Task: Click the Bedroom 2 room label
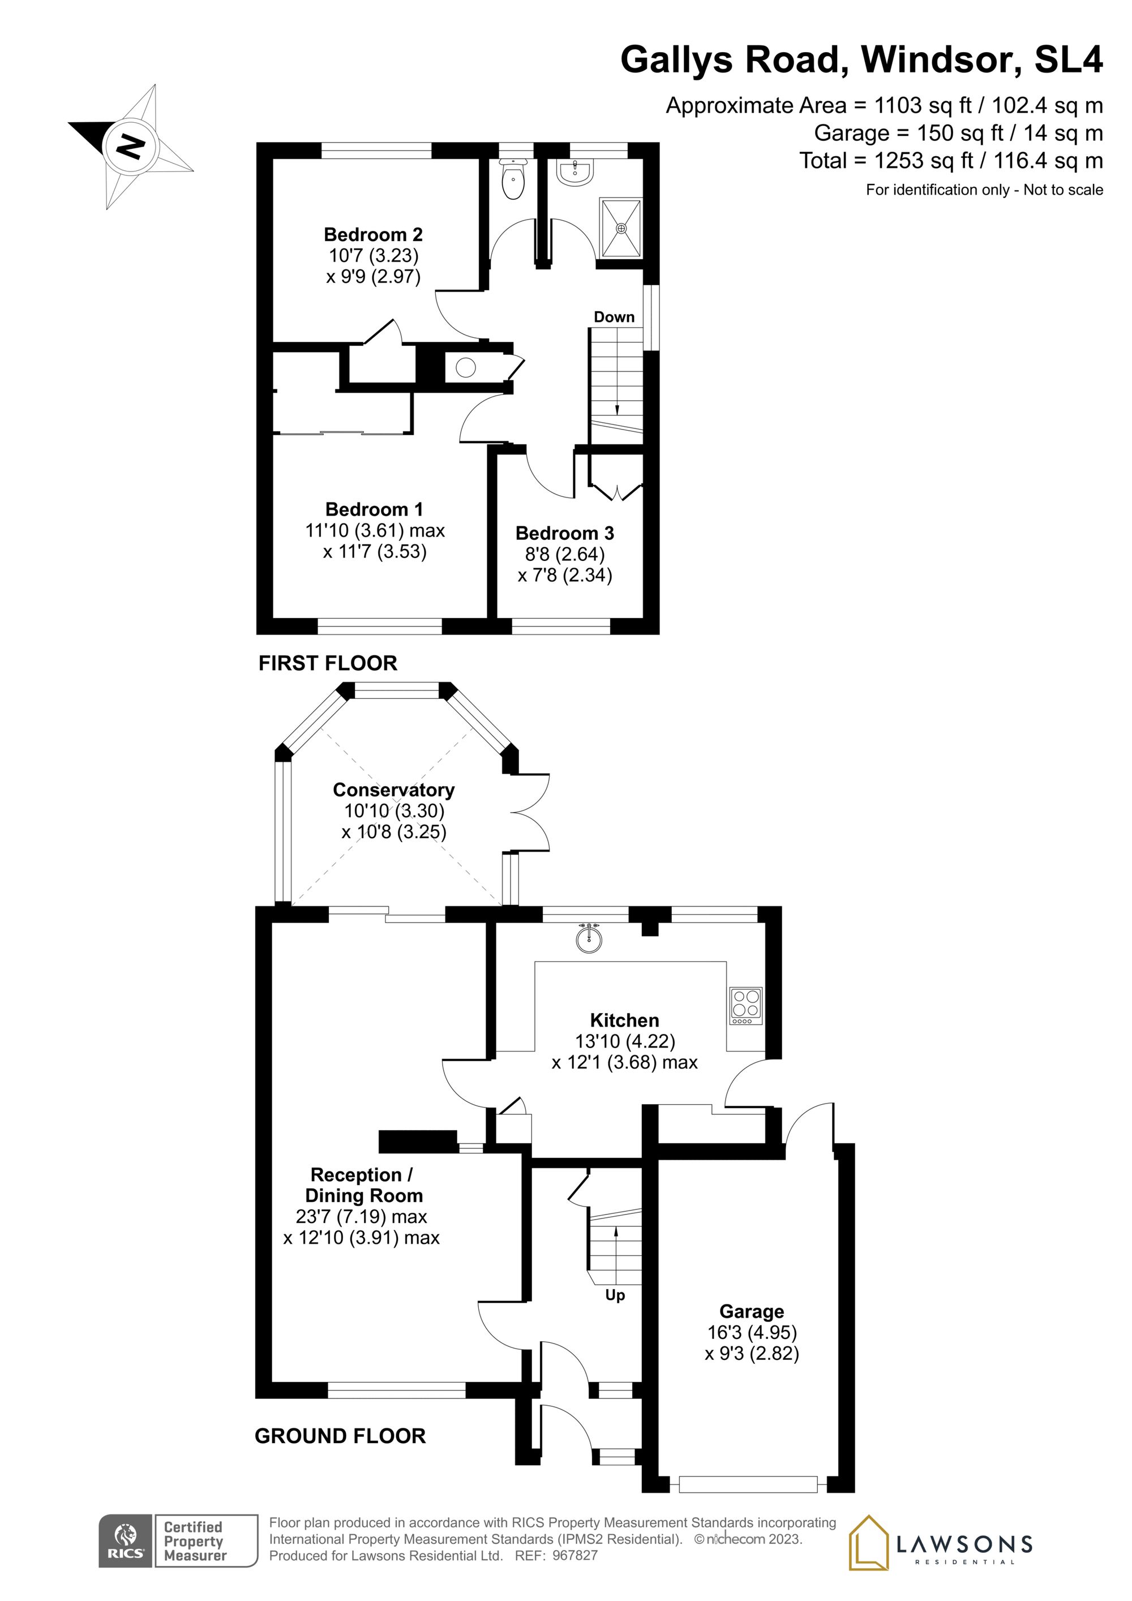click(373, 234)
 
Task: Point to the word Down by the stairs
click(614, 317)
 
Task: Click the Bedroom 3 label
click(564, 534)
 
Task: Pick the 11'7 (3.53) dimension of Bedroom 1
click(375, 552)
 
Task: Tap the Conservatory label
click(393, 789)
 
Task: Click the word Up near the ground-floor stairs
click(615, 1295)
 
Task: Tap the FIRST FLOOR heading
click(328, 663)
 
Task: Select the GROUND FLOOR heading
click(340, 1436)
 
